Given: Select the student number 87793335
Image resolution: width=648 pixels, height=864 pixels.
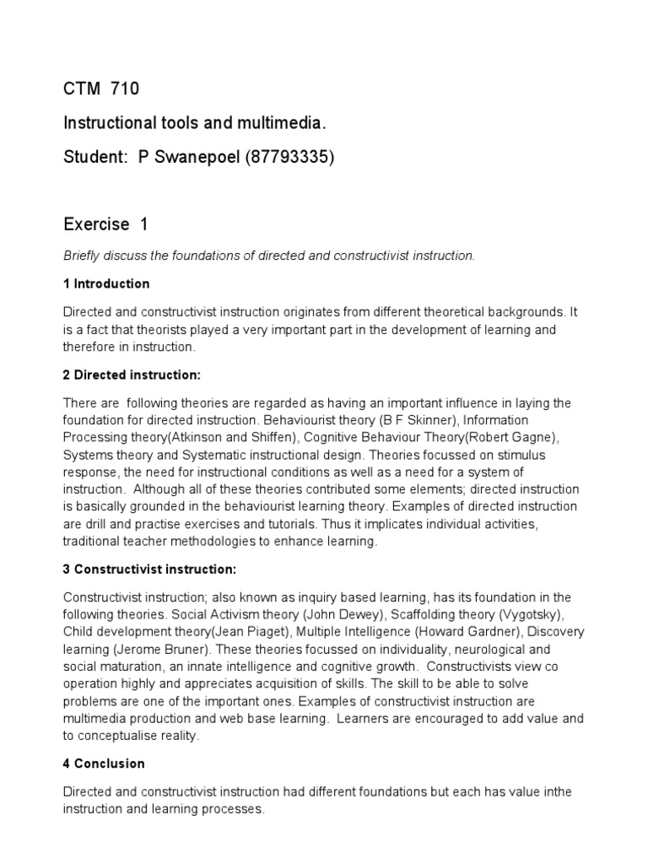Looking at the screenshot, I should [288, 159].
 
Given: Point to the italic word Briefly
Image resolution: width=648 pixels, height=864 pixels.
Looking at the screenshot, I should [84, 256].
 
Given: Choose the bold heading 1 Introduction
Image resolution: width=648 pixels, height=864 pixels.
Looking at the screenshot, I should [106, 283].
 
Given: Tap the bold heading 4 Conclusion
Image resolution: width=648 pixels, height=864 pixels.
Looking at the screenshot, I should [104, 764].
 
